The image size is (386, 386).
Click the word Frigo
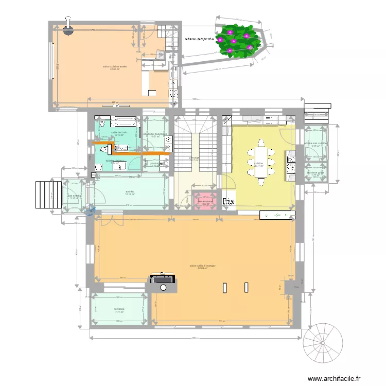pos(229,202)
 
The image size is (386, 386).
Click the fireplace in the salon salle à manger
pos(162,279)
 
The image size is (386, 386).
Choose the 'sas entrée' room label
pos(74,196)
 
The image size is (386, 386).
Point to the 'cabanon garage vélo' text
pos(199,39)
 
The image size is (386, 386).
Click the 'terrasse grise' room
pos(316,173)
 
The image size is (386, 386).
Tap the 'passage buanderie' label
pos(155,135)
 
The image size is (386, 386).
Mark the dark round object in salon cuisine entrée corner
pos(67,30)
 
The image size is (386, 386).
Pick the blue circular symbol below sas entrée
pos(92,209)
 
